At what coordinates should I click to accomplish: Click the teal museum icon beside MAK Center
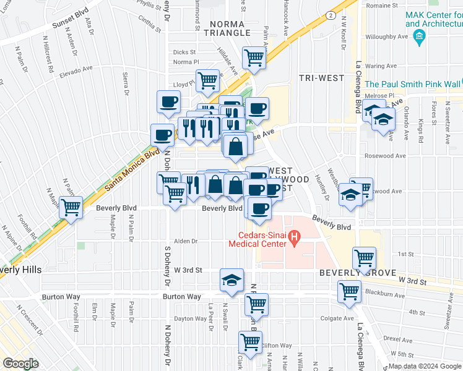419,37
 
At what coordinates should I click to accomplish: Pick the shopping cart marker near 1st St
365,257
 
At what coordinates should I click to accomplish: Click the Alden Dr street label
185,242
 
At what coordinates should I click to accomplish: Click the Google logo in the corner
20,364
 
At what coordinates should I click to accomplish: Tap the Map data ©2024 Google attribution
425,367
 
